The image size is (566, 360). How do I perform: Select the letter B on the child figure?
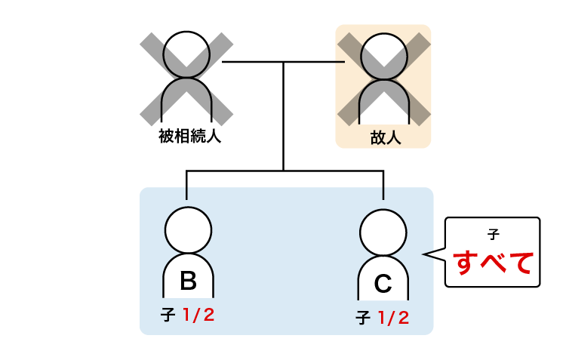coord(189,282)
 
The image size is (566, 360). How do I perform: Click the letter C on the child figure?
coord(383,285)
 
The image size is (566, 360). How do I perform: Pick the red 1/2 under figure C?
coord(393,318)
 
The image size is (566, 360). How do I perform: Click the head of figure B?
coord(189,230)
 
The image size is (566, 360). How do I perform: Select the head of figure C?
coord(383,232)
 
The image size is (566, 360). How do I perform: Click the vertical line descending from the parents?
coord(283,121)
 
